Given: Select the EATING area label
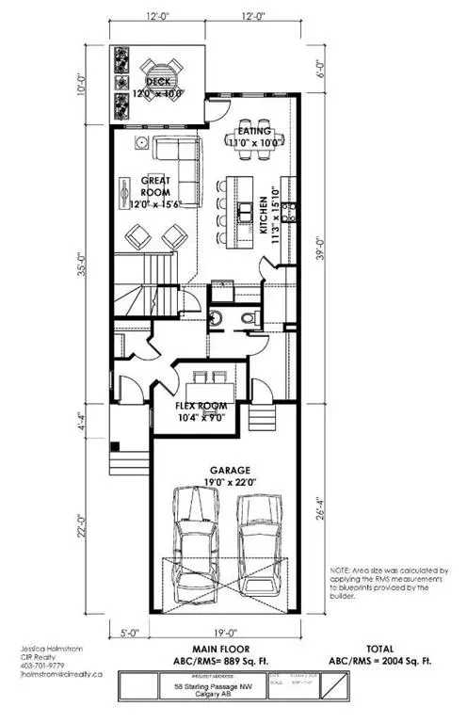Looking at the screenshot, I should pyautogui.click(x=255, y=131).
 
